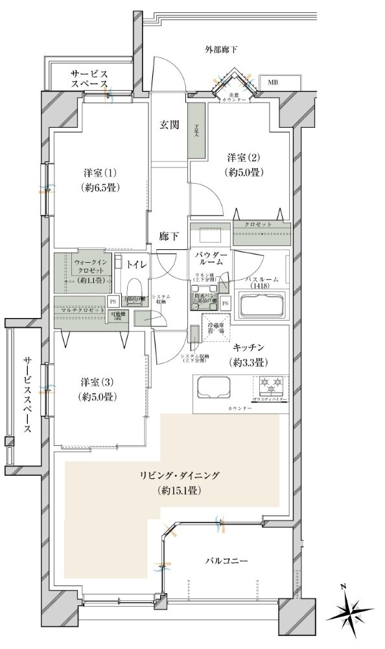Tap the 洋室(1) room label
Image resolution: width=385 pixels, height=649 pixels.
pyautogui.click(x=99, y=181)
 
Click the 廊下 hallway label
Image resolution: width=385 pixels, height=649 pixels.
pyautogui.click(x=169, y=237)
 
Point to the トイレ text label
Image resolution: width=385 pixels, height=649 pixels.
pyautogui.click(x=136, y=263)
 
